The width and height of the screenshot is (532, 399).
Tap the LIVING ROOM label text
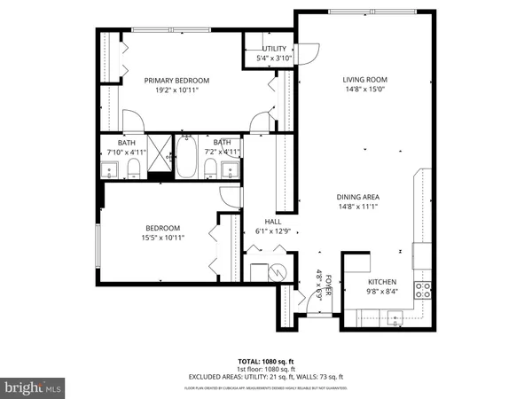[x=365, y=80]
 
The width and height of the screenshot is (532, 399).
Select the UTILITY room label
[x=273, y=49]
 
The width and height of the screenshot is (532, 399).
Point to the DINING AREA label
[x=359, y=197]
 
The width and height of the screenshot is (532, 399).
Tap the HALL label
[x=272, y=222]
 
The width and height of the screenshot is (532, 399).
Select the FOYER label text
[x=327, y=286]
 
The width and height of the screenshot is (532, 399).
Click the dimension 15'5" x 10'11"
[x=162, y=238]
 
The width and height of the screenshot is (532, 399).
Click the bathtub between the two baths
[x=187, y=158]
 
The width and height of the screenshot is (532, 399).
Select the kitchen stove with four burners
[x=424, y=289]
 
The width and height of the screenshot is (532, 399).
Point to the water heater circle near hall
[x=277, y=272]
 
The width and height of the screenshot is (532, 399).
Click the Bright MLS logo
[x=33, y=387]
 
